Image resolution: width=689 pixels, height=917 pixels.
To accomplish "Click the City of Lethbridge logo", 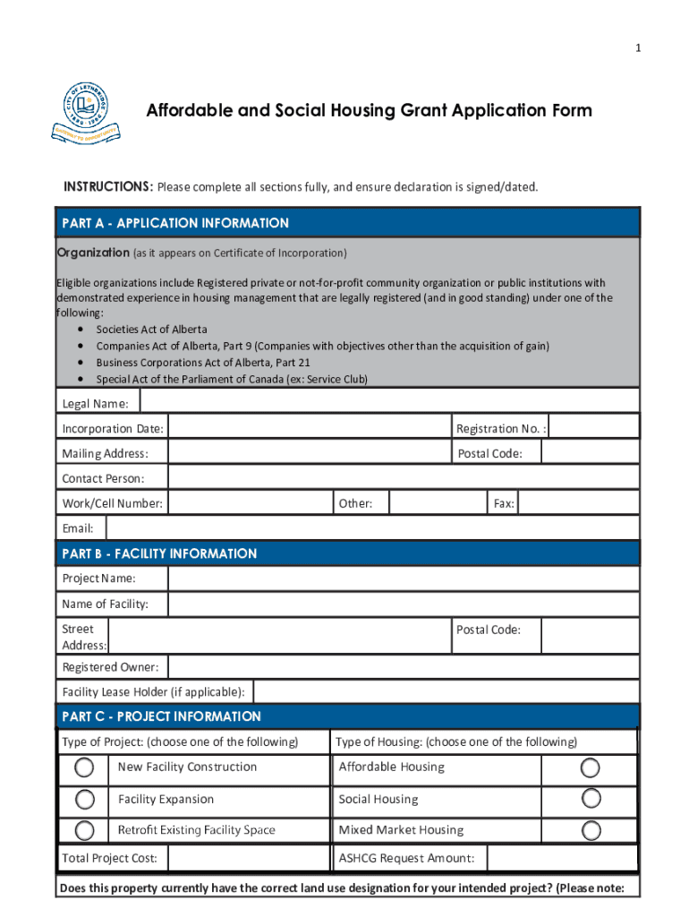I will pos(86,112).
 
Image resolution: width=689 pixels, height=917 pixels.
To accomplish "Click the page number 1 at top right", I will pos(638,48).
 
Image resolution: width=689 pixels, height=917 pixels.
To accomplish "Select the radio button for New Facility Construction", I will pos(84,767).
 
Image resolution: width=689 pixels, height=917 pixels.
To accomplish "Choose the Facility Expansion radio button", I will pos(84,799).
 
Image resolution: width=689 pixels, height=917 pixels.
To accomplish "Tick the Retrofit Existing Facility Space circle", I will pos(84,830).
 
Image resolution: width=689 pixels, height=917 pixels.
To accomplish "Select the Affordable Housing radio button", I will pos(591,767).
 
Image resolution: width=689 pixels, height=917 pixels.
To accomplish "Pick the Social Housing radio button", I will pos(591,798).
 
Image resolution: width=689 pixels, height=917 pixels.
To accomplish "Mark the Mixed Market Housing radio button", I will pos(591,830).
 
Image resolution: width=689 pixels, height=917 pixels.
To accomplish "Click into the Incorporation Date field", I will pos(309,427).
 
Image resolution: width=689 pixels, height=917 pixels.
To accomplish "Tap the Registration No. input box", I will pos(593,427).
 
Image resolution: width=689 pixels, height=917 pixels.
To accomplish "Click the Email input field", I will pos(372,528).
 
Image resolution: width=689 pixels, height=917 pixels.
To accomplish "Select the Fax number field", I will pos(579,503).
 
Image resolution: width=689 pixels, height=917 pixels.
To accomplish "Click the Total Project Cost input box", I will pos(248,859).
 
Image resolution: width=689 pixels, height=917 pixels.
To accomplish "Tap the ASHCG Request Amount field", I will pos(561,859).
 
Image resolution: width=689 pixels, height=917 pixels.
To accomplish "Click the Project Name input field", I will pos(404,578).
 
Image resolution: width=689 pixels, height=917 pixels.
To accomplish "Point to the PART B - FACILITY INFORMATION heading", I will pos(159,553).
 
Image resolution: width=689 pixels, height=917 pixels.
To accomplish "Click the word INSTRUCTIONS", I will pos(107,187).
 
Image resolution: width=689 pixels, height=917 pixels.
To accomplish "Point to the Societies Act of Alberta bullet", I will pos(151,330).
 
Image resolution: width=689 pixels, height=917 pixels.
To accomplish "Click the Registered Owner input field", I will pos(404,666).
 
